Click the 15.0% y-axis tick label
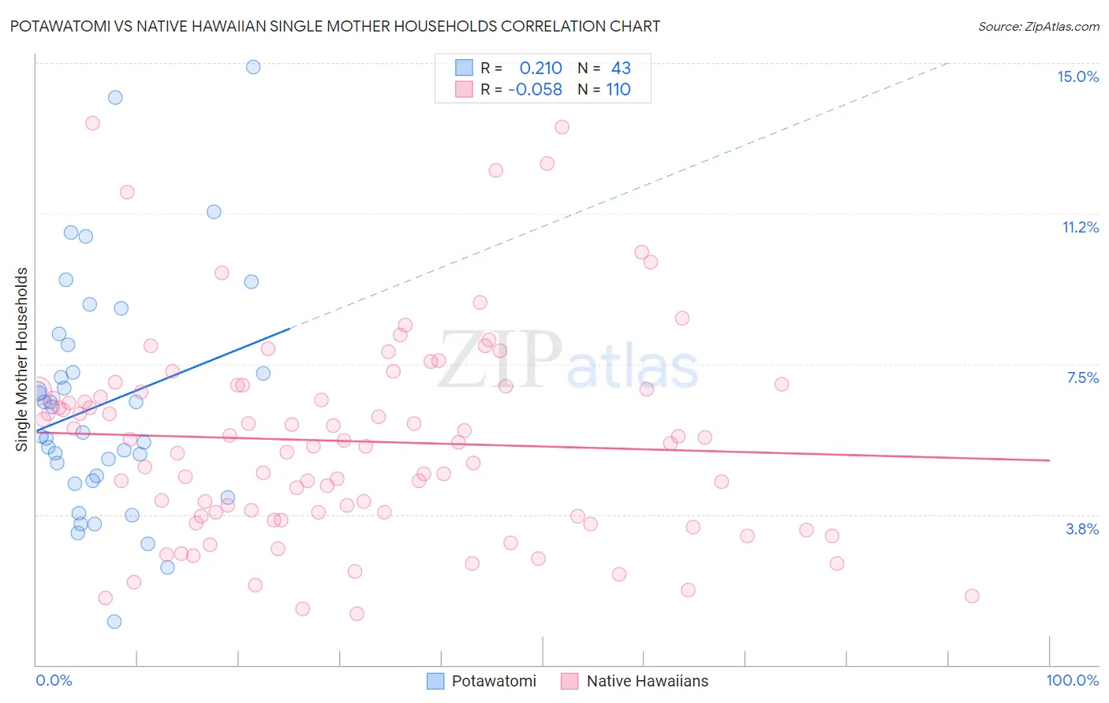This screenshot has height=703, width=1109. pyautogui.click(x=1077, y=76)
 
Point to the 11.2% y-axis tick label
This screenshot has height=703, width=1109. pyautogui.click(x=1080, y=227)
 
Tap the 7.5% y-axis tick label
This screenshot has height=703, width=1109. pyautogui.click(x=1082, y=378)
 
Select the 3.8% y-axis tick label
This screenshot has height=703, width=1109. pyautogui.click(x=1082, y=529)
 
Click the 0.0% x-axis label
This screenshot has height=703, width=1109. pyautogui.click(x=54, y=680)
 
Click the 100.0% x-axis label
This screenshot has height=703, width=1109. pyautogui.click(x=1072, y=680)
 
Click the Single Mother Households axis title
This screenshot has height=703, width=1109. pyautogui.click(x=22, y=359)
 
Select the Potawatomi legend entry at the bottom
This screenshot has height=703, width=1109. pyautogui.click(x=481, y=681)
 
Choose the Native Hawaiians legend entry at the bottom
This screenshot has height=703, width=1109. pyautogui.click(x=634, y=681)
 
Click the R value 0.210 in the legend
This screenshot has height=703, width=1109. pyautogui.click(x=540, y=68)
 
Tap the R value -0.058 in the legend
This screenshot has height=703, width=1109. pyautogui.click(x=535, y=89)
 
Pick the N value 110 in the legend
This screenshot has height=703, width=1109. pyautogui.click(x=618, y=89)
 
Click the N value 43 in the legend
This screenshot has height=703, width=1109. pyautogui.click(x=621, y=68)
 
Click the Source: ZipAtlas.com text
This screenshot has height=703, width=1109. pyautogui.click(x=1038, y=26)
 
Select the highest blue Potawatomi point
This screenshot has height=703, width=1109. pyautogui.click(x=253, y=67)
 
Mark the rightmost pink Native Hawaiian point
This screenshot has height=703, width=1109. pyautogui.click(x=972, y=596)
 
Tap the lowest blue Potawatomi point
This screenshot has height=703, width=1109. pyautogui.click(x=114, y=622)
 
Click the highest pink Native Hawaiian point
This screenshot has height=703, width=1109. pyautogui.click(x=92, y=123)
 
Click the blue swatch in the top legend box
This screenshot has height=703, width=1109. pyautogui.click(x=464, y=68)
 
